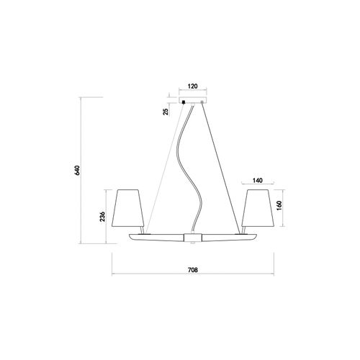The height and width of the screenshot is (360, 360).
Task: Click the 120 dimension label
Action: pyautogui.click(x=193, y=86)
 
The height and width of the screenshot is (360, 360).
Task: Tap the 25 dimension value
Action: pyautogui.click(x=166, y=112)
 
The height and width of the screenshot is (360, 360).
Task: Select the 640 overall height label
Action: pyautogui.click(x=76, y=170)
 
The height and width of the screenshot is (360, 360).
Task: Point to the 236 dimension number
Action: pyautogui.click(x=102, y=217)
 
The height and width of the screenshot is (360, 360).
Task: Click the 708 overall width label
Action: pyautogui.click(x=193, y=270)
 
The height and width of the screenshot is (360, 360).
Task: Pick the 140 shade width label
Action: pyautogui.click(x=258, y=180)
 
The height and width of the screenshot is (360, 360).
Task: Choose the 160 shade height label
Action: pyautogui.click(x=279, y=205)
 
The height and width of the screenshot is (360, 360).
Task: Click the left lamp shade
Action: pyautogui.click(x=127, y=208)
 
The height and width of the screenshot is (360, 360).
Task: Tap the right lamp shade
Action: pyautogui.click(x=258, y=208)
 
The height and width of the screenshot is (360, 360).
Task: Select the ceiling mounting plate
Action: pyautogui.click(x=193, y=100)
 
